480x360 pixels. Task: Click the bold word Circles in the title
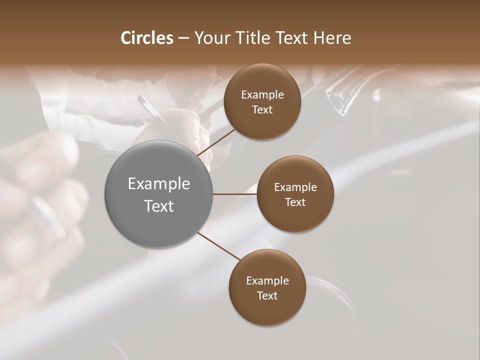(147, 38)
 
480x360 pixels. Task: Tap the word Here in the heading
(332, 38)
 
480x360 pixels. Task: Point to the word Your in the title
(211, 38)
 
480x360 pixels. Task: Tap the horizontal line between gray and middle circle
(235, 194)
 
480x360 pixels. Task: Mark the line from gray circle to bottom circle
(218, 245)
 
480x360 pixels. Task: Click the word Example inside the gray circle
(159, 184)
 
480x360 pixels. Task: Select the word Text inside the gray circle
(159, 206)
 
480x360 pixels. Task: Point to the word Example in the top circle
(262, 95)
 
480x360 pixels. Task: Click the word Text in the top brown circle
(262, 109)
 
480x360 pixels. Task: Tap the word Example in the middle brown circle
(295, 187)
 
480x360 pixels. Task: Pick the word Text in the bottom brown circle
(267, 295)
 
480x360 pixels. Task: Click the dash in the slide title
(183, 38)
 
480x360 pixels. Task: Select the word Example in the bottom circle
(267, 281)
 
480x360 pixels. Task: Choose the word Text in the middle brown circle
(295, 202)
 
